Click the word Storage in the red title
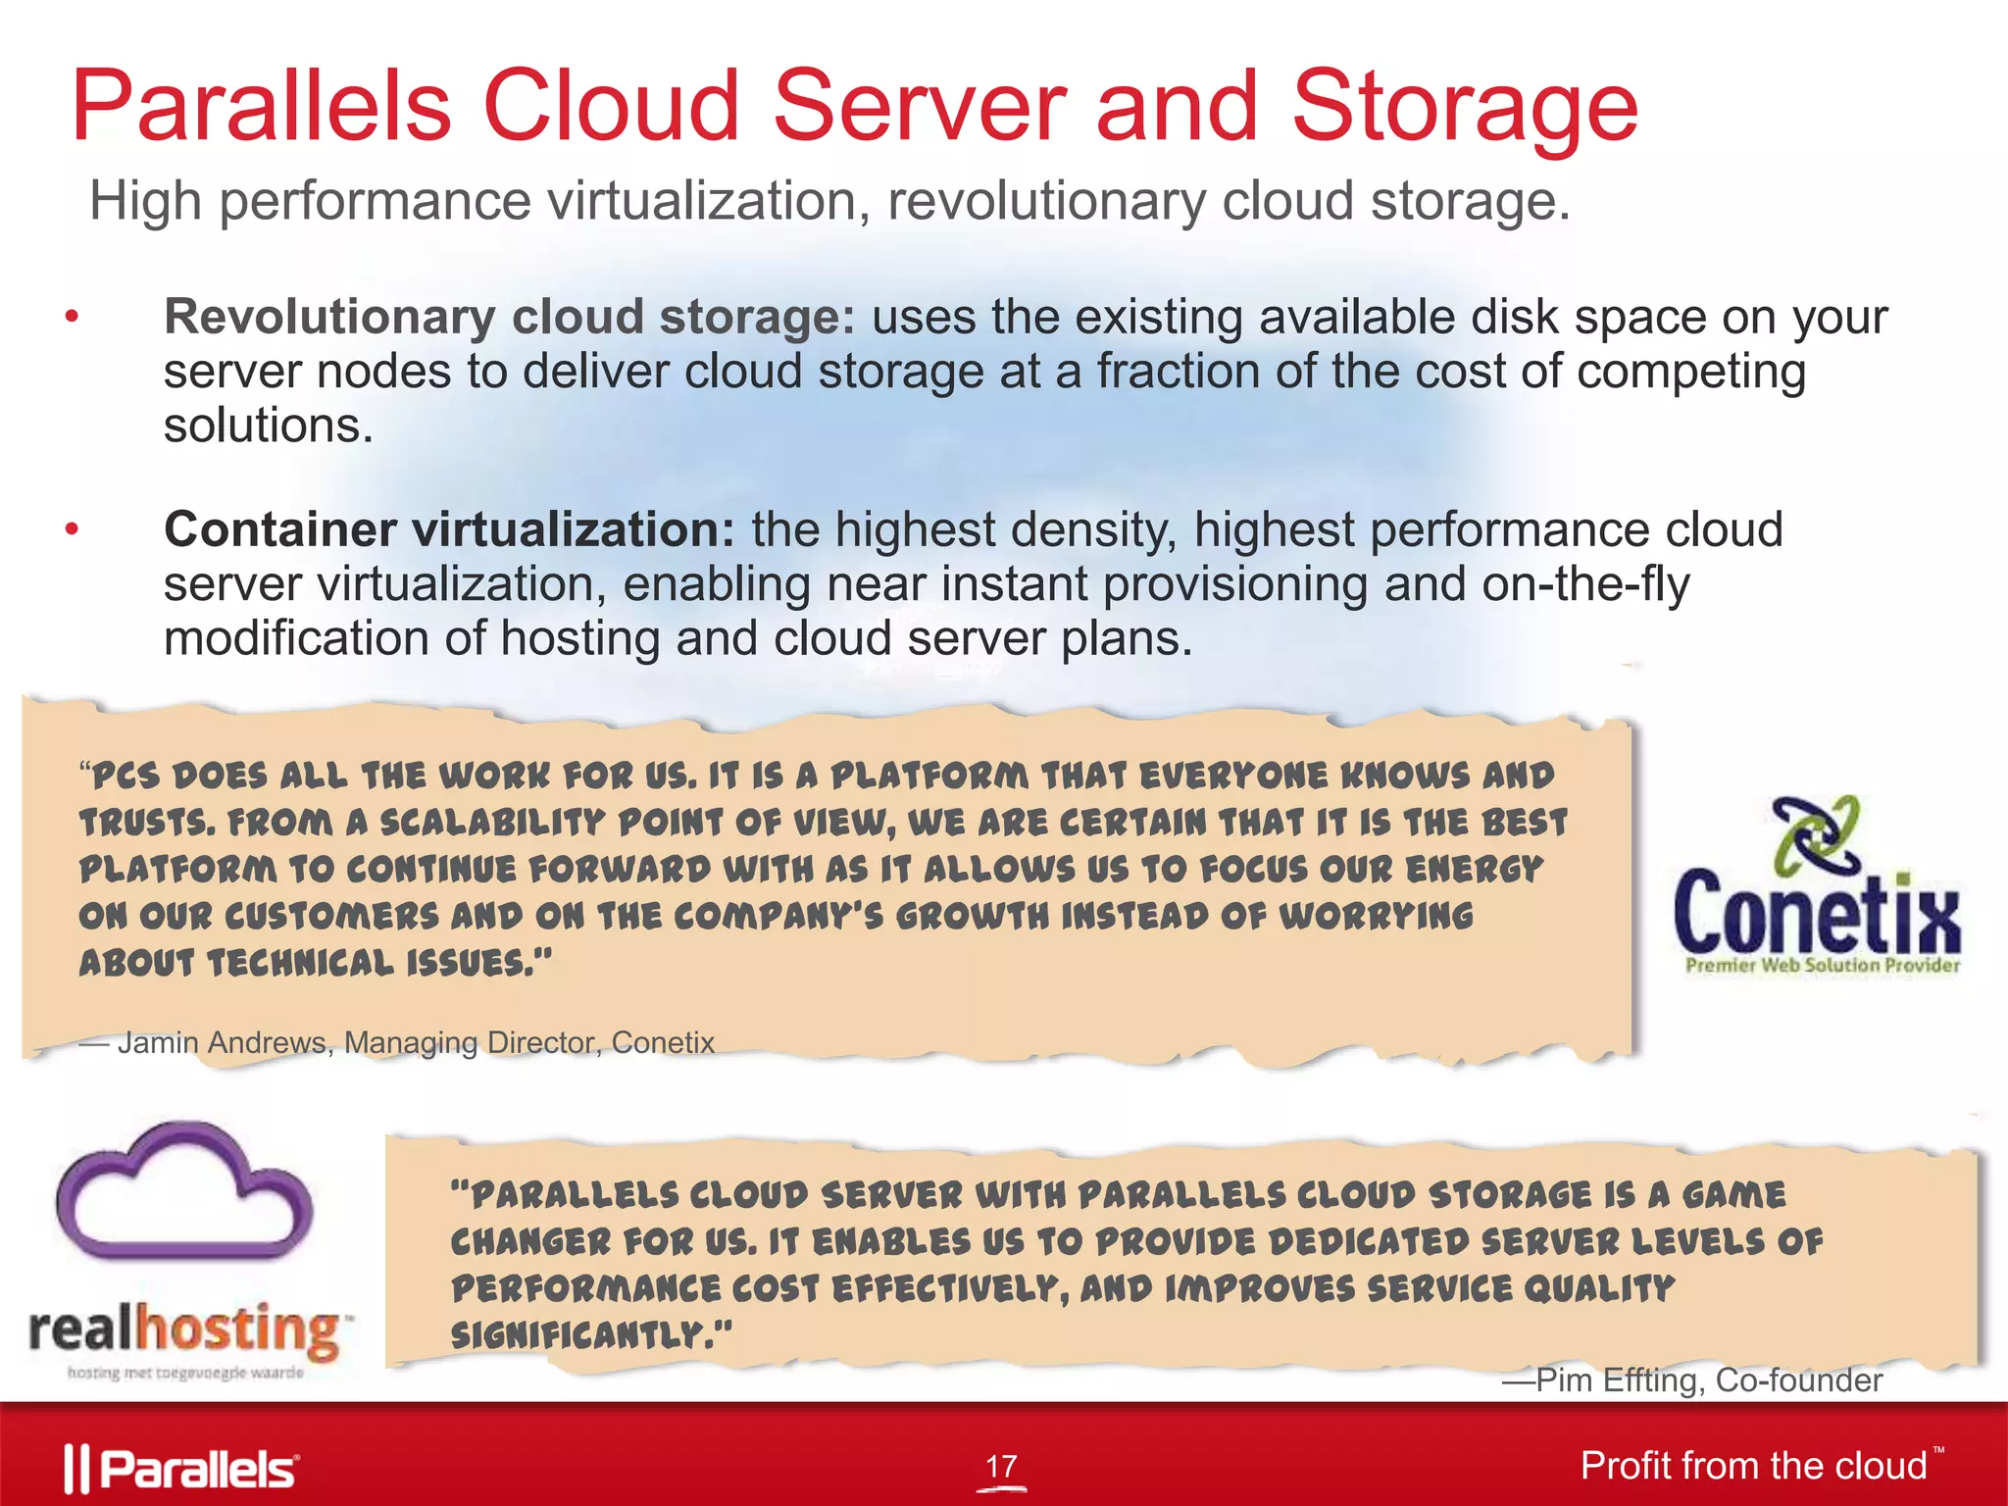tap(1465, 108)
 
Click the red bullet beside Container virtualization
tap(71, 530)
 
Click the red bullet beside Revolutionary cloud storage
tap(71, 318)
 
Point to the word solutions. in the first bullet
tap(269, 427)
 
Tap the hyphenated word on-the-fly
tap(1585, 584)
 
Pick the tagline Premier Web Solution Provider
tap(1822, 966)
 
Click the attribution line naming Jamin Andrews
tap(397, 1042)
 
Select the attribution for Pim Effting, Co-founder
tap(1692, 1380)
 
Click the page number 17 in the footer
tap(1001, 1467)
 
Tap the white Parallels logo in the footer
tap(182, 1469)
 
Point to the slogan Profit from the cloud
tap(1753, 1466)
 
